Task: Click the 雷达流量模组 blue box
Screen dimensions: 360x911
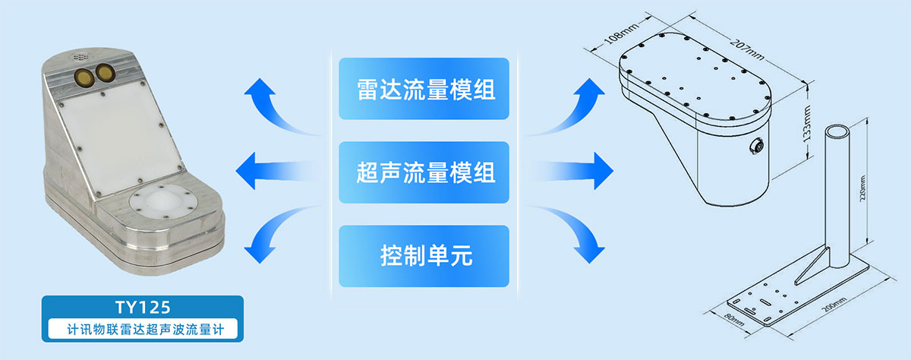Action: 424,90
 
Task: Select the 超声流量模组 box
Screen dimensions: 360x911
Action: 424,172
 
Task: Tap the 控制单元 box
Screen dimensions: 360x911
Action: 424,256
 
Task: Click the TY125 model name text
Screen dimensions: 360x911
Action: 142,308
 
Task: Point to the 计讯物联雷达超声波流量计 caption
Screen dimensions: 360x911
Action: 142,330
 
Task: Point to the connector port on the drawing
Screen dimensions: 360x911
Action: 756,141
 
